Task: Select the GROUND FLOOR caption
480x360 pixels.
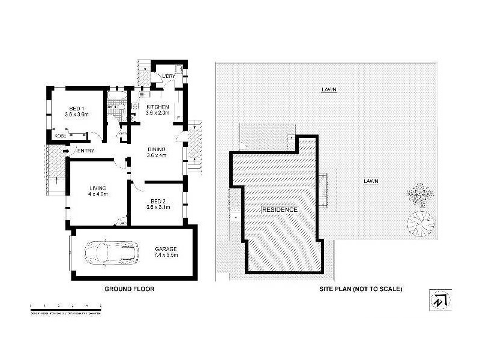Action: click(130, 289)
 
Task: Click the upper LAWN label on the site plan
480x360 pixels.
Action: click(328, 89)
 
